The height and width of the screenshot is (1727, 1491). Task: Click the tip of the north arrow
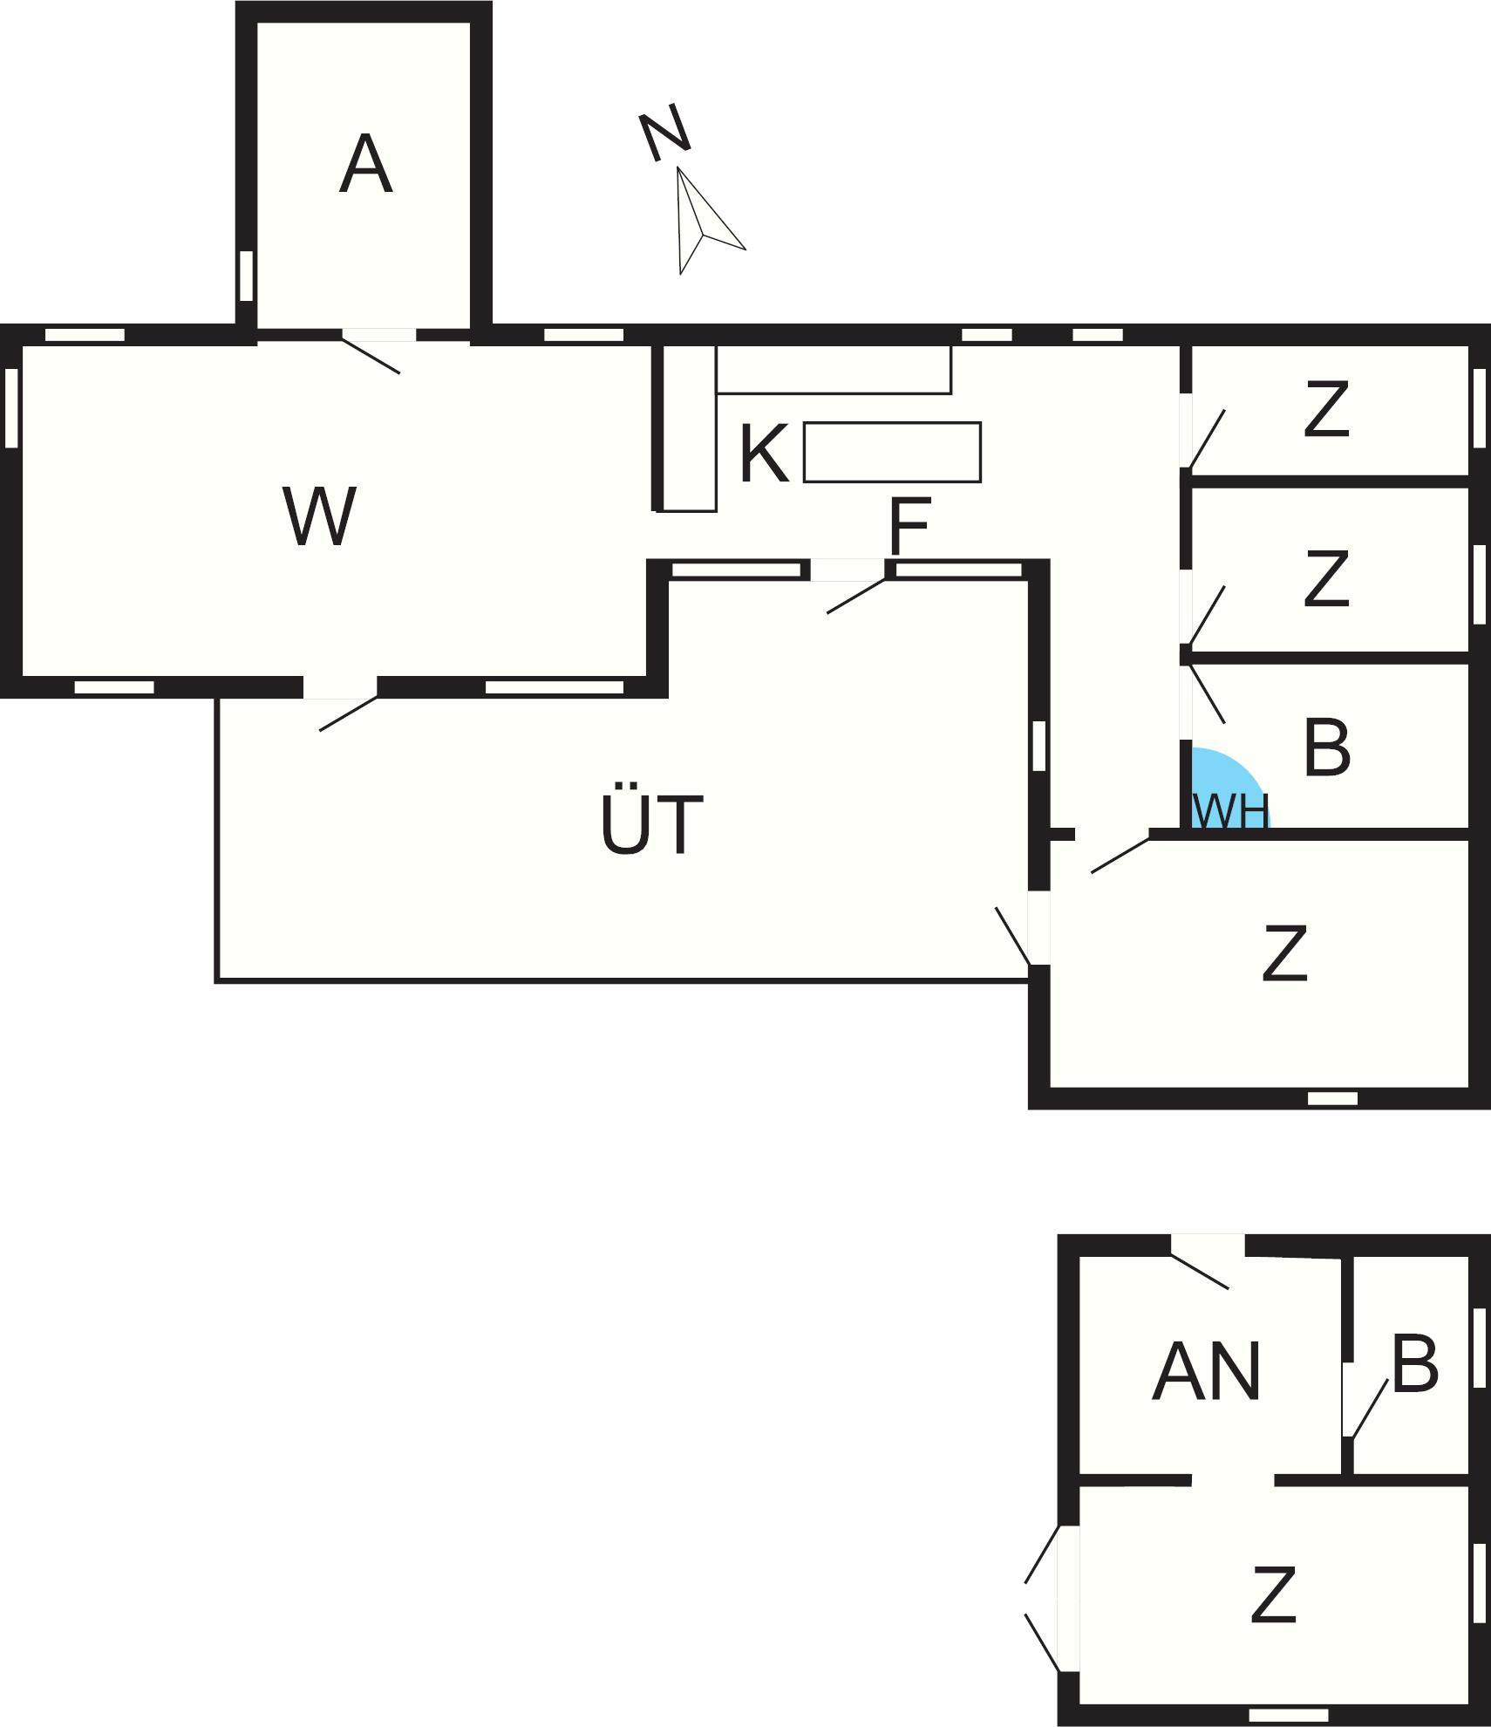(x=677, y=167)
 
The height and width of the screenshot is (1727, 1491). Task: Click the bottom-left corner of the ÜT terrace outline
(x=217, y=981)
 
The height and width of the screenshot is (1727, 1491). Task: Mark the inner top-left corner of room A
(x=257, y=24)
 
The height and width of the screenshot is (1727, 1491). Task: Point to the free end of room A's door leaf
(x=399, y=373)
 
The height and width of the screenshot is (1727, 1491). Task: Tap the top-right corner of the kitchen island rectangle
(x=981, y=423)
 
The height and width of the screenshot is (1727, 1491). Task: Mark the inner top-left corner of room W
(x=22, y=345)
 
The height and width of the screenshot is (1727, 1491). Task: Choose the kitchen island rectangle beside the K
(x=893, y=452)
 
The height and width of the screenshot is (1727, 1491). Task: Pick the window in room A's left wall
(x=247, y=276)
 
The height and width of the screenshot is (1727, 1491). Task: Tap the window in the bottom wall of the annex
(x=1289, y=1715)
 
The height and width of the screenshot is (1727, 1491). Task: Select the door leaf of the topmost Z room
(x=1207, y=438)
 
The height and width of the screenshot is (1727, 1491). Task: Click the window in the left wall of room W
(x=11, y=408)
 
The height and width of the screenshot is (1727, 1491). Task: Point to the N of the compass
(x=665, y=136)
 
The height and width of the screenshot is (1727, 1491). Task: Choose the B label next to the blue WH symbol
(x=1327, y=747)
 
